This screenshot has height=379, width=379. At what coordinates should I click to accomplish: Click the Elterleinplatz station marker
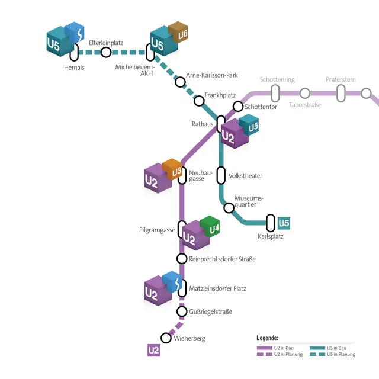tap(106, 52)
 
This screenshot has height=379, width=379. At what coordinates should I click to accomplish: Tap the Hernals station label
tap(74, 68)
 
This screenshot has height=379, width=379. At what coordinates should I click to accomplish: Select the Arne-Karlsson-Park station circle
tap(180, 82)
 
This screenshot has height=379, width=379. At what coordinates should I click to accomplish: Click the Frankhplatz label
tap(220, 95)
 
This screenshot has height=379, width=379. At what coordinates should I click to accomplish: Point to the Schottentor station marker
tap(238, 106)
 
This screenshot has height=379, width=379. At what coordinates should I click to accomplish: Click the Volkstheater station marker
tap(221, 175)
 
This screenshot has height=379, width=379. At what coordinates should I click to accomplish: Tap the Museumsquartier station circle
tap(229, 207)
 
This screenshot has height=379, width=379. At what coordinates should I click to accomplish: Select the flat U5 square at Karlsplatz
tap(284, 223)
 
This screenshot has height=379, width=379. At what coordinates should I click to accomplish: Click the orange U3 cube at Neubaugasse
tap(172, 169)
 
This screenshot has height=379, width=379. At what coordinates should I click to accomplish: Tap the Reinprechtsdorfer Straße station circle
tap(182, 259)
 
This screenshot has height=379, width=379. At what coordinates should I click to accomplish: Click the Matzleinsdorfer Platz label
tap(217, 288)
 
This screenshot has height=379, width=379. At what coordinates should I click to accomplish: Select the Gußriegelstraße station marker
tap(182, 311)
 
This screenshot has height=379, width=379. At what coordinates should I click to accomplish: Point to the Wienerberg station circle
tap(166, 338)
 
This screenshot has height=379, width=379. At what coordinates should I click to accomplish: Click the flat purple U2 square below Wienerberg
tap(154, 350)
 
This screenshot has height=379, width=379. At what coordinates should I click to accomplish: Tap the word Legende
tap(267, 338)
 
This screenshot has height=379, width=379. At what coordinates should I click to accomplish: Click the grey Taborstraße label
tap(305, 105)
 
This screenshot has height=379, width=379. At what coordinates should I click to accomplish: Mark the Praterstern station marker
tap(341, 93)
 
